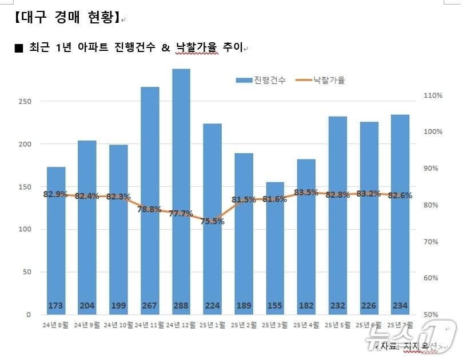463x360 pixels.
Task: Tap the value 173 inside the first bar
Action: (x=55, y=306)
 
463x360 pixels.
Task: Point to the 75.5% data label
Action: (x=212, y=221)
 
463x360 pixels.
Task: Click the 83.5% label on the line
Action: (x=306, y=193)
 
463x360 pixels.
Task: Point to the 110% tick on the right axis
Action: (x=433, y=95)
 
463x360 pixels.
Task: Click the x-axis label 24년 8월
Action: (x=55, y=325)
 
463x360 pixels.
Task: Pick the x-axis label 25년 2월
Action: (x=244, y=325)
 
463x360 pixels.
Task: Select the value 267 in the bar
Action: (x=150, y=306)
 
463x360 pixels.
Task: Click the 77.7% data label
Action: (x=181, y=214)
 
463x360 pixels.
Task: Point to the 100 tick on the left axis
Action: (x=23, y=230)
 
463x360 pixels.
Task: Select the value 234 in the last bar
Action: (x=400, y=306)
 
